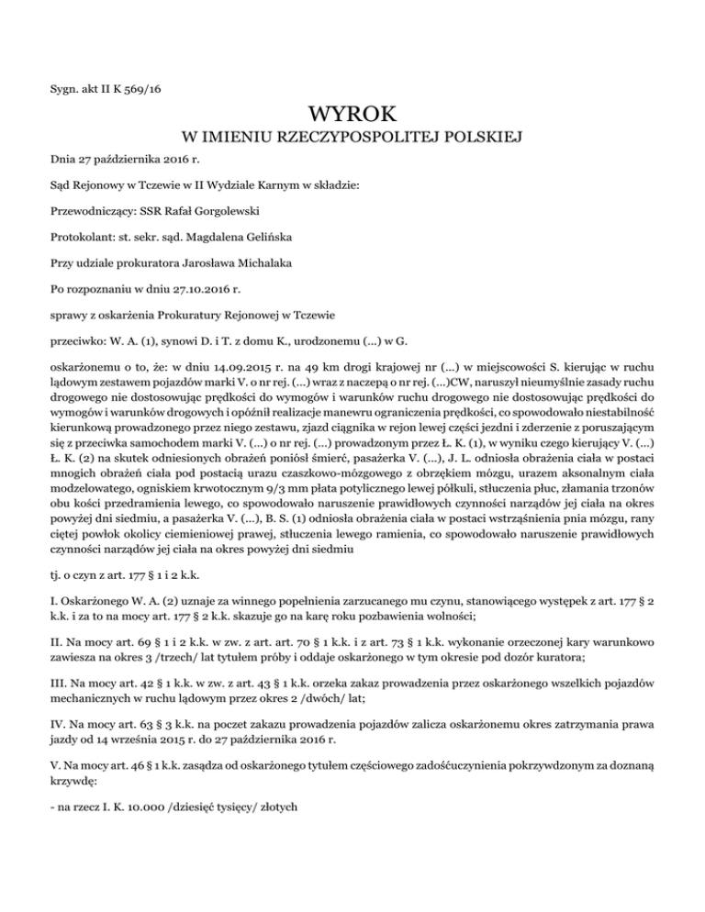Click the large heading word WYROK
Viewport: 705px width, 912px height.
pyautogui.click(x=352, y=116)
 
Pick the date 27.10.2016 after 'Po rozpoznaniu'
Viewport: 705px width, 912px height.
pyautogui.click(x=206, y=288)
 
